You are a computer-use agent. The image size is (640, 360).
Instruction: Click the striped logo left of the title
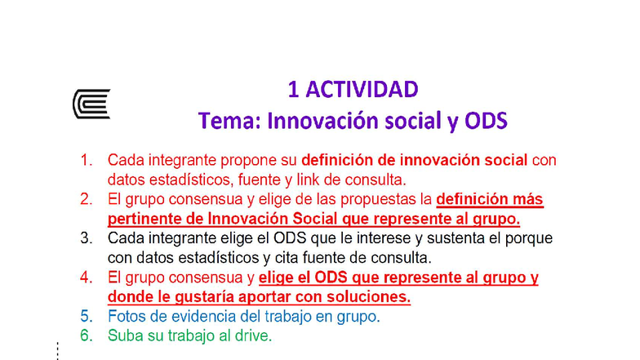pos(91,104)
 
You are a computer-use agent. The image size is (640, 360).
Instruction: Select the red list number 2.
pos(87,199)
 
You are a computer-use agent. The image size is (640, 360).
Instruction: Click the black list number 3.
pos(87,238)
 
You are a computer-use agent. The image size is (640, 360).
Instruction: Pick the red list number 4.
pos(87,278)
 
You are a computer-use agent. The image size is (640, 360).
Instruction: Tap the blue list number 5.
pos(87,316)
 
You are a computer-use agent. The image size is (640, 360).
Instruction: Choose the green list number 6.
pos(87,336)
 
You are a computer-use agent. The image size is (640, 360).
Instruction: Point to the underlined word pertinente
pos(143,219)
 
